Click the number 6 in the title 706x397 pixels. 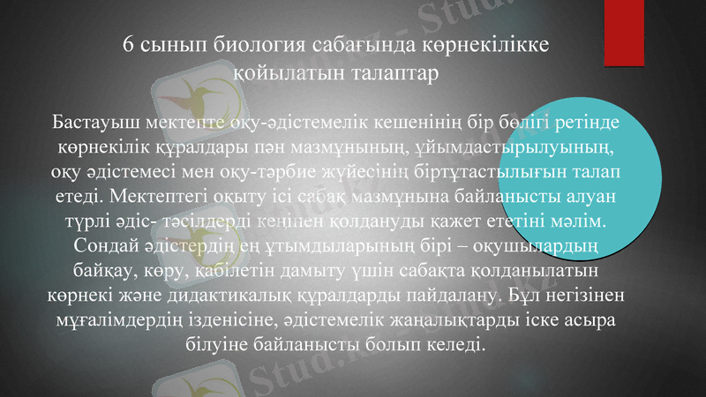pyautogui.click(x=129, y=45)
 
